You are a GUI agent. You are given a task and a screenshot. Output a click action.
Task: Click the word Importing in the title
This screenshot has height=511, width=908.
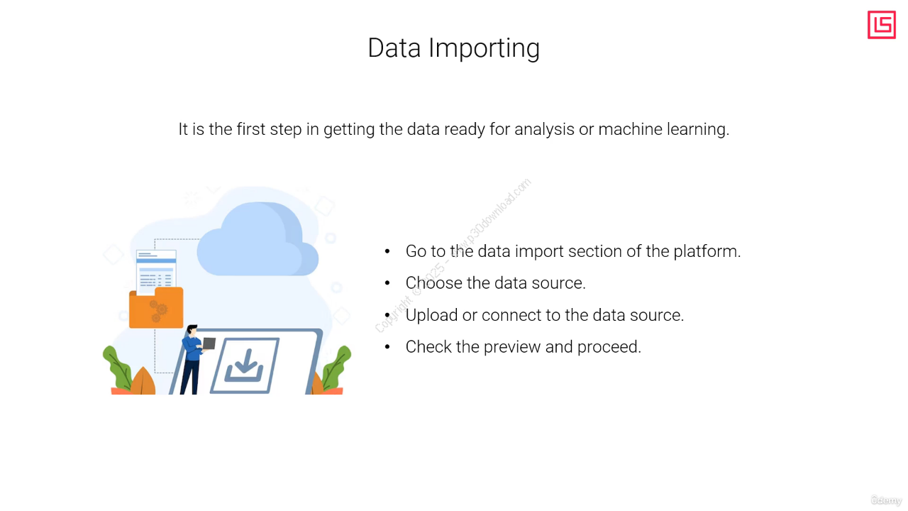pyautogui.click(x=484, y=49)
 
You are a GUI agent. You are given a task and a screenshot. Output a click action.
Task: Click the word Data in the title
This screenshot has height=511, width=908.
pyautogui.click(x=394, y=48)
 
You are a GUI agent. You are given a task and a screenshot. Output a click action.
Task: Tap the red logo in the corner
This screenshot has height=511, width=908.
pyautogui.click(x=881, y=25)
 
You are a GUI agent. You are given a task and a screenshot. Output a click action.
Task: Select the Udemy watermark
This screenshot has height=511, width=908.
pyautogui.click(x=886, y=500)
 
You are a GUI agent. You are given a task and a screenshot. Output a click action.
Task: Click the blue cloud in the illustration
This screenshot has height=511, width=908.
pyautogui.click(x=258, y=240)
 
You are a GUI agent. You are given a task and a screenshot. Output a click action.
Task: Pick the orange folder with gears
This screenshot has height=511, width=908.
pyautogui.click(x=156, y=307)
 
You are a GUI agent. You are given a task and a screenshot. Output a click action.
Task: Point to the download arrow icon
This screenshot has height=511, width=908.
pyautogui.click(x=244, y=366)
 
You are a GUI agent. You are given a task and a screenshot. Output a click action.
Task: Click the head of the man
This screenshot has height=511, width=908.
pyautogui.click(x=192, y=330)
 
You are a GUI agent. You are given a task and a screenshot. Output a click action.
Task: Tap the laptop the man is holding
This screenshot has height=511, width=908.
pyautogui.click(x=209, y=344)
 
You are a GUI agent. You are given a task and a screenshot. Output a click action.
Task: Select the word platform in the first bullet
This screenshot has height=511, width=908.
pyautogui.click(x=707, y=252)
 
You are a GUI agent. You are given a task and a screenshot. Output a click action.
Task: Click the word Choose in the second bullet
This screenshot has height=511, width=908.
pyautogui.click(x=433, y=283)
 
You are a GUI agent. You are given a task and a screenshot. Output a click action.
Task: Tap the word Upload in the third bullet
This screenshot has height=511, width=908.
pyautogui.click(x=431, y=316)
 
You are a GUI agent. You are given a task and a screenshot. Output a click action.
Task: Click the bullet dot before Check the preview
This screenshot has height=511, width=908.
pyautogui.click(x=387, y=347)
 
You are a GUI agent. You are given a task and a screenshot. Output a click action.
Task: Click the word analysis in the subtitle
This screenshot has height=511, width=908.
pyautogui.click(x=544, y=130)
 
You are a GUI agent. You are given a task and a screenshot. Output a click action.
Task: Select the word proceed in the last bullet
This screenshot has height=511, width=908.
pyautogui.click(x=609, y=348)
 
